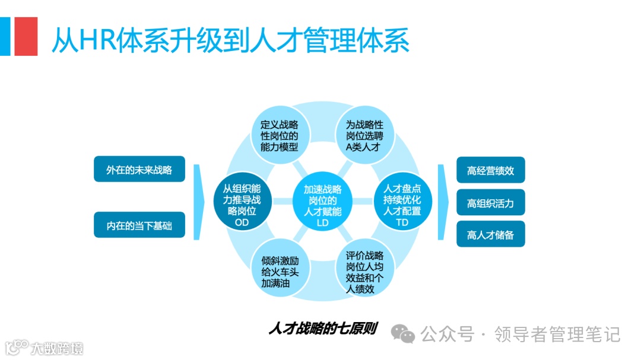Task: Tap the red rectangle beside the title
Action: click(x=26, y=36)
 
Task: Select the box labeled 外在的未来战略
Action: click(x=139, y=170)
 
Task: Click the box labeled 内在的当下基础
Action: click(x=139, y=225)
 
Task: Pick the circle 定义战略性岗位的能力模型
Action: click(x=280, y=136)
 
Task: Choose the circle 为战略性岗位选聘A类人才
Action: click(x=364, y=136)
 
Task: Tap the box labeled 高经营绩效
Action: click(x=490, y=170)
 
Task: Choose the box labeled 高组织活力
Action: click(x=490, y=203)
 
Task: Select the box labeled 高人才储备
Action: click(x=490, y=235)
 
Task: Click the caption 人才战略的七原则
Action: click(x=322, y=328)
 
